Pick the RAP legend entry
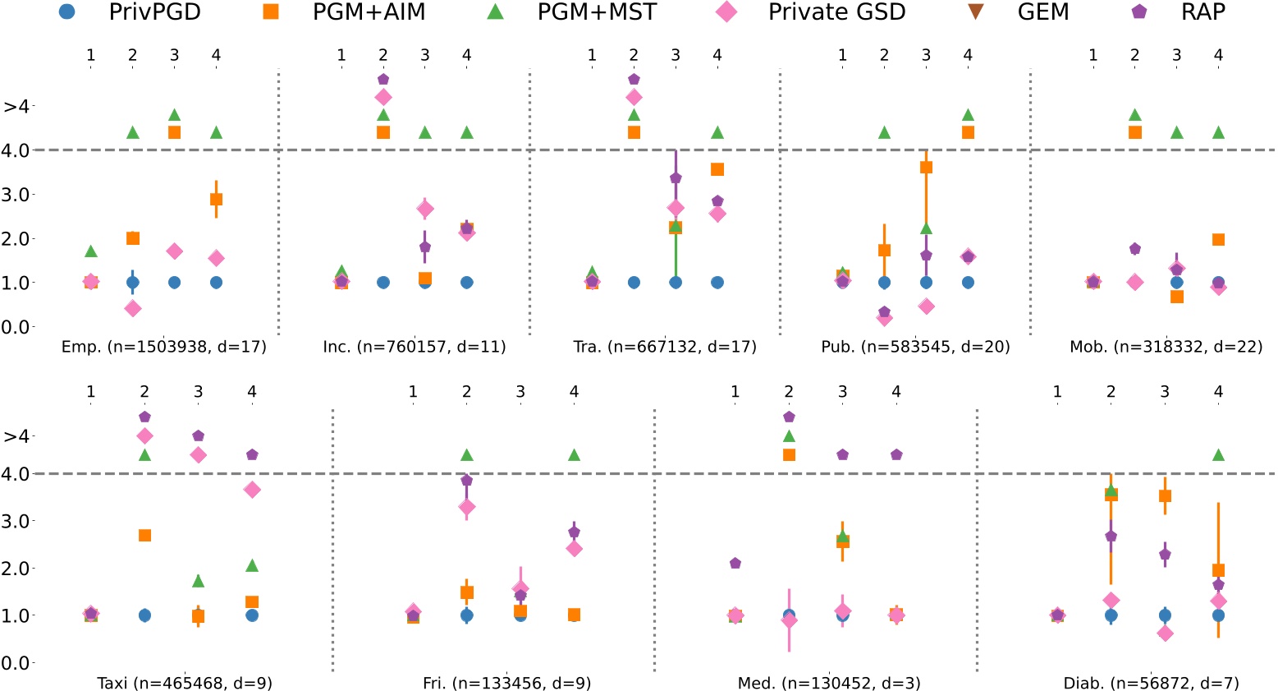point(1202,12)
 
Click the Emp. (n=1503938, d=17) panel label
point(164,347)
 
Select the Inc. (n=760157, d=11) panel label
point(415,347)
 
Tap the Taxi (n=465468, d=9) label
point(185,683)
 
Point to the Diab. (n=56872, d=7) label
point(1152,683)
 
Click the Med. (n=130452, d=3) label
point(829,683)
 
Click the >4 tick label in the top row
point(17,107)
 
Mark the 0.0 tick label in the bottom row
point(17,662)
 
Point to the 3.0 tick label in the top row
point(17,195)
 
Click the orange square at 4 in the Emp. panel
point(216,199)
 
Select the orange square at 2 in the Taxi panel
point(144,535)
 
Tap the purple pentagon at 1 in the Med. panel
point(735,563)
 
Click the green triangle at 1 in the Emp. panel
point(91,251)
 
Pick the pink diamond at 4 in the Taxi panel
point(252,489)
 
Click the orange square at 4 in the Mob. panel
point(1218,240)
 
